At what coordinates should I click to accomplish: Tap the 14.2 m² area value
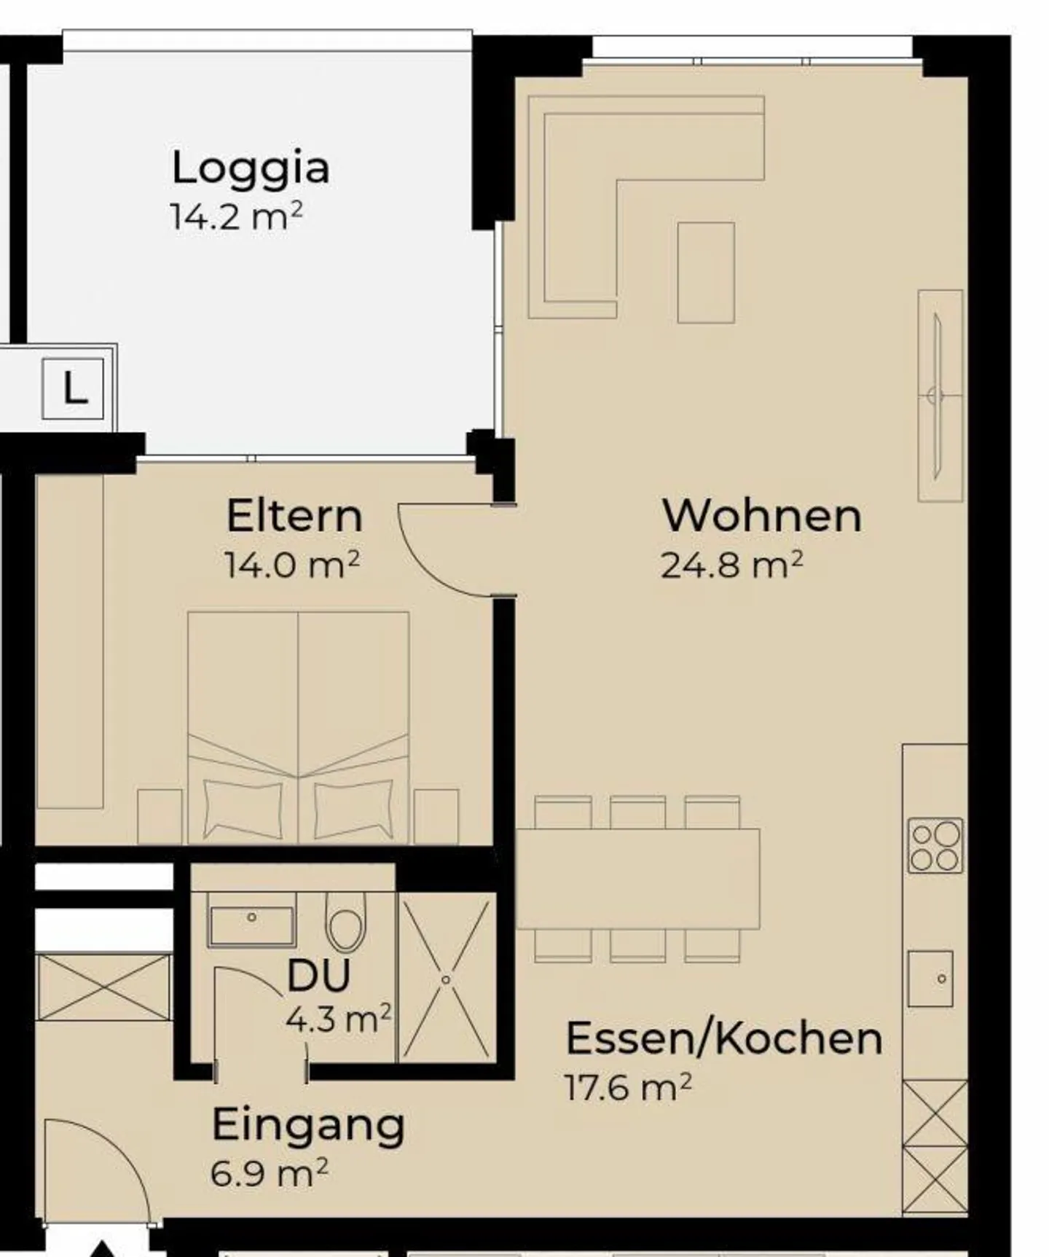click(236, 216)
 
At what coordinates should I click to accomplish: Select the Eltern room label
click(294, 516)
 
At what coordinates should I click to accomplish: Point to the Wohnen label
click(762, 516)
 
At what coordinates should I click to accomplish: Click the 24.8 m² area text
click(732, 565)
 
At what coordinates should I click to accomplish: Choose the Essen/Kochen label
click(724, 1038)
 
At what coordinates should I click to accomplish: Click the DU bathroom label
click(319, 975)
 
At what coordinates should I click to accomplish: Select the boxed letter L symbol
click(73, 388)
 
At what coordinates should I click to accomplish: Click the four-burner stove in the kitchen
click(935, 846)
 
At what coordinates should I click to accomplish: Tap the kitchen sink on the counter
click(930, 979)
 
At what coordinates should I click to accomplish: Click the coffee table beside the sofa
click(706, 273)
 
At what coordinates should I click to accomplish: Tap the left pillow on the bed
click(243, 809)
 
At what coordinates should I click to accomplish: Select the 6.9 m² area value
click(270, 1173)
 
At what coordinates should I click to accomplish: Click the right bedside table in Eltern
click(436, 816)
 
